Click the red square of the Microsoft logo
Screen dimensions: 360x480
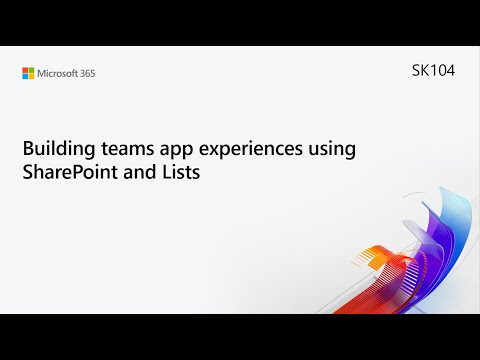tap(25, 70)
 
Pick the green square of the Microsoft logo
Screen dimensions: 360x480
tap(32, 70)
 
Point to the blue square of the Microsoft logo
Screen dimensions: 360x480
tap(25, 77)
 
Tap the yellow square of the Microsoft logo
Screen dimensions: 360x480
tap(32, 77)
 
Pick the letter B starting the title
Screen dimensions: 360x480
tap(27, 148)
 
